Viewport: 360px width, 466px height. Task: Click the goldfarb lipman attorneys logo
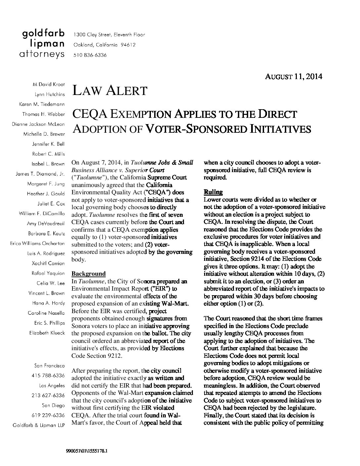pos(43,44)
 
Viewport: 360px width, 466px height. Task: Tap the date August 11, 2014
pos(293,77)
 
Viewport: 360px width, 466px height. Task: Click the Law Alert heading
pos(110,90)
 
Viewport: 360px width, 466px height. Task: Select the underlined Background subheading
pos(88,274)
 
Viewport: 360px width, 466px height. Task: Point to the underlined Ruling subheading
pos(213,192)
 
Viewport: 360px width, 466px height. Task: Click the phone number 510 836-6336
pos(90,55)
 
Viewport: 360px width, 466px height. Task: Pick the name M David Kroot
pos(49,84)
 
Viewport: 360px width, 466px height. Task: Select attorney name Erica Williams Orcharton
pos(37,243)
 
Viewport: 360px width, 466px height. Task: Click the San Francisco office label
pos(49,366)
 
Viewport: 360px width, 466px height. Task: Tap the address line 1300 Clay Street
pos(109,35)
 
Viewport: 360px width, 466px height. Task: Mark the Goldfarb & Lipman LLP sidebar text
pos(38,425)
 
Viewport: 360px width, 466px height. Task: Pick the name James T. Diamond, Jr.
pos(40,174)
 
